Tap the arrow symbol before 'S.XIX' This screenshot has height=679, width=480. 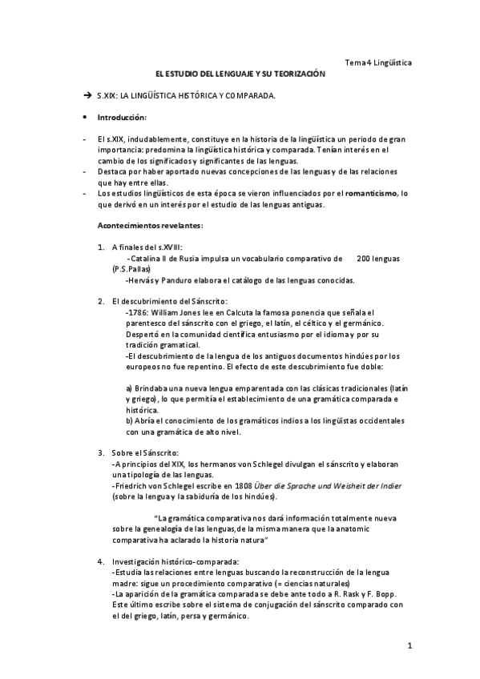click(88, 95)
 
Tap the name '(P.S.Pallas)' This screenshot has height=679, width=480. click(132, 270)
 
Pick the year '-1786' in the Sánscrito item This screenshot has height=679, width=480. click(137, 311)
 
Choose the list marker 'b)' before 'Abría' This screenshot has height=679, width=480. click(129, 420)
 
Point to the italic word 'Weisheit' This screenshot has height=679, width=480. click(333, 486)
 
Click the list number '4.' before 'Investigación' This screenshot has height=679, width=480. click(100, 560)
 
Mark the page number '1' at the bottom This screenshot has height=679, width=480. click(409, 646)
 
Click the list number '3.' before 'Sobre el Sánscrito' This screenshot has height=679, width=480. click(100, 452)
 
